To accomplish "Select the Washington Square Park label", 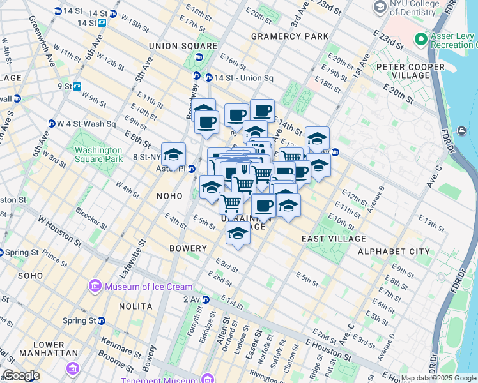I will click(x=98, y=154).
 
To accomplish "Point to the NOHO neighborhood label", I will click(x=169, y=196).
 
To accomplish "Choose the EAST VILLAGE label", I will click(x=334, y=239).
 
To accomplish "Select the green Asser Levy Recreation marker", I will click(x=420, y=40).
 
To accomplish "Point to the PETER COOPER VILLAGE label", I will click(x=410, y=71).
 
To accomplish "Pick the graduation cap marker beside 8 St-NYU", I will click(x=173, y=154).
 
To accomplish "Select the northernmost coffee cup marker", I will click(x=262, y=110).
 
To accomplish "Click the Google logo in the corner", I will click(x=21, y=375).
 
